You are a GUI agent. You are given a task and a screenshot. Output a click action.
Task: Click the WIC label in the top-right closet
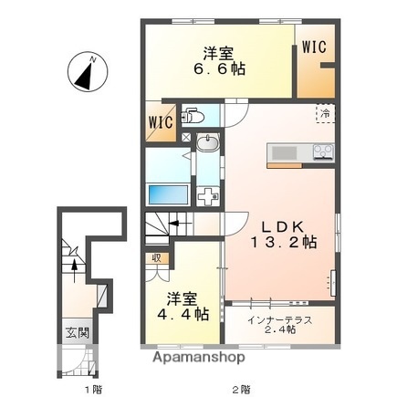(x=314, y=47)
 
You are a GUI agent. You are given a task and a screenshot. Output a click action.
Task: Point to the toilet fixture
(x=193, y=116)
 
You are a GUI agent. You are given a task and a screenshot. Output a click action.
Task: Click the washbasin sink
(x=208, y=143)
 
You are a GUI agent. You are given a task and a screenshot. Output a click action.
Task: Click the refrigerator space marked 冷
(x=325, y=113)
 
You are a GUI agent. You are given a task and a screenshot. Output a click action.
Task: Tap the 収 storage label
(x=156, y=257)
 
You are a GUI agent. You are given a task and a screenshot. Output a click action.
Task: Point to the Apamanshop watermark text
(x=193, y=358)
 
